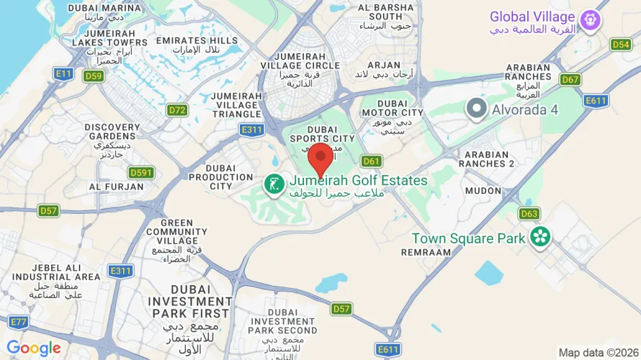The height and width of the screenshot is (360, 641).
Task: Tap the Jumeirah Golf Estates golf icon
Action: (274, 186)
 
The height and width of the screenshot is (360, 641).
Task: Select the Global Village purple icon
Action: (591, 19)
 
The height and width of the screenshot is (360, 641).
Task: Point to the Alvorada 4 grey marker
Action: (476, 109)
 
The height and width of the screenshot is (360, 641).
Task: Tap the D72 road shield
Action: (177, 110)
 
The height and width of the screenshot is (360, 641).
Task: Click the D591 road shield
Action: (141, 173)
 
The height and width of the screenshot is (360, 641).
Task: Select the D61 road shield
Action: (371, 161)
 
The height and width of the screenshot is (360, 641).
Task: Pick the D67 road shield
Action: (570, 79)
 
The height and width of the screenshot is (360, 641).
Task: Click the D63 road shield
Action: (529, 214)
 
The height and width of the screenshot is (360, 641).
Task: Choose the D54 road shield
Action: (621, 45)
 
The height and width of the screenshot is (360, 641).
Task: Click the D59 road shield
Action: (94, 76)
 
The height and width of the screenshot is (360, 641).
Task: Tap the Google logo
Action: (33, 348)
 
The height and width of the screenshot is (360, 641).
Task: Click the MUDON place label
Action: (483, 191)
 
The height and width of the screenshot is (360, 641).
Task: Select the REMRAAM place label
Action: (426, 253)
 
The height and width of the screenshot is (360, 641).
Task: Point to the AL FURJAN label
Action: (112, 186)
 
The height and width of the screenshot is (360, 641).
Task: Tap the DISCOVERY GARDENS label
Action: (112, 133)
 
